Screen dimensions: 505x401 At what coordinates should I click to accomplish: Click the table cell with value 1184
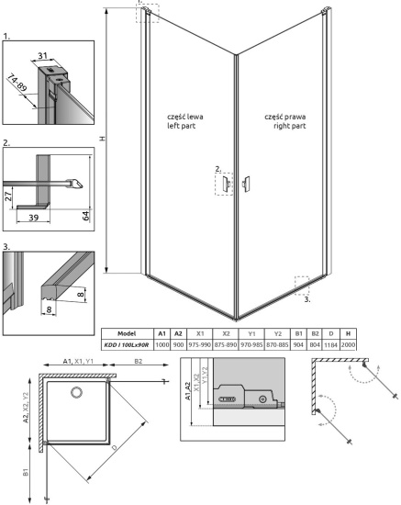tap(330, 343)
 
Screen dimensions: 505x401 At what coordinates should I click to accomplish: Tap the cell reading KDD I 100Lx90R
tap(128, 343)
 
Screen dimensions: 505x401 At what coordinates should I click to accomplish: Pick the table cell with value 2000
tap(350, 343)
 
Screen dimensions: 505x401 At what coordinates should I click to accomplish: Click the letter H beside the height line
tap(102, 140)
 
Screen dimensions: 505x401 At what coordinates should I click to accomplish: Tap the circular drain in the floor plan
tap(77, 394)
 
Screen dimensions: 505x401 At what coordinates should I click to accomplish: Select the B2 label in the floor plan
tap(137, 363)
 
